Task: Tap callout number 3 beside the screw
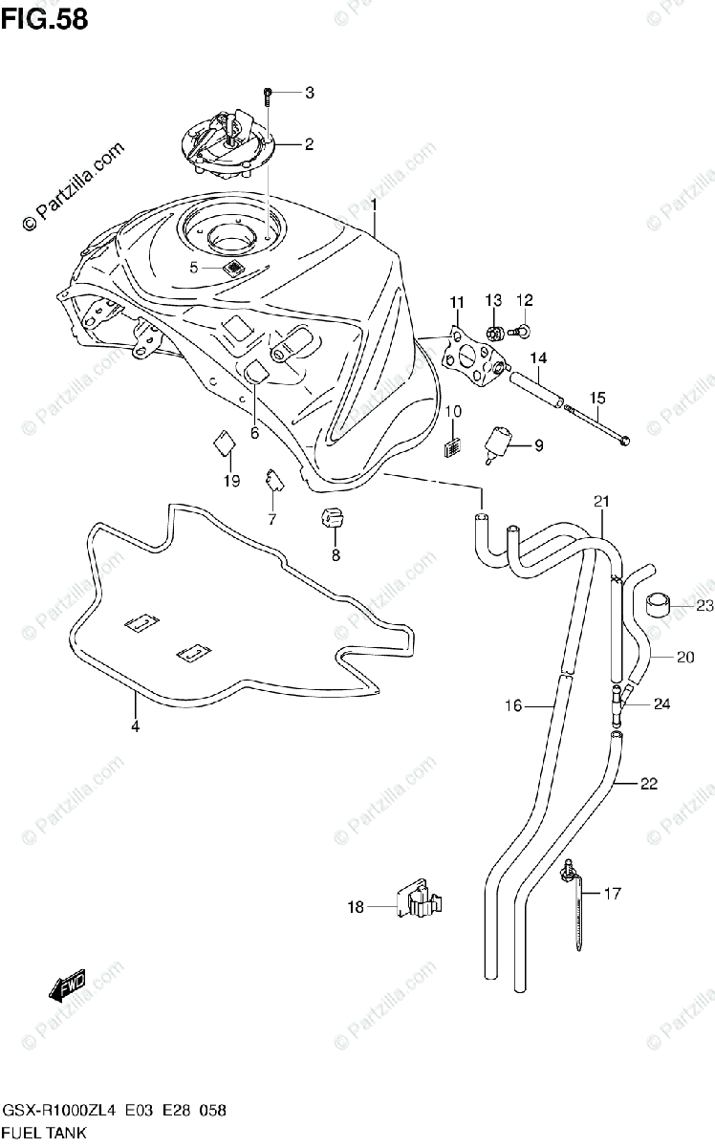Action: [x=309, y=93]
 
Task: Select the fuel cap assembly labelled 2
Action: [x=228, y=146]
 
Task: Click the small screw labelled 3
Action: [x=269, y=94]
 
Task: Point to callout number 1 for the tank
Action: [x=375, y=205]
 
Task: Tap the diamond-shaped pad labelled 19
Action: [x=223, y=443]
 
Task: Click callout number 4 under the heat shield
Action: [x=135, y=726]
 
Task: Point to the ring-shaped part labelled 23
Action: [x=658, y=605]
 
